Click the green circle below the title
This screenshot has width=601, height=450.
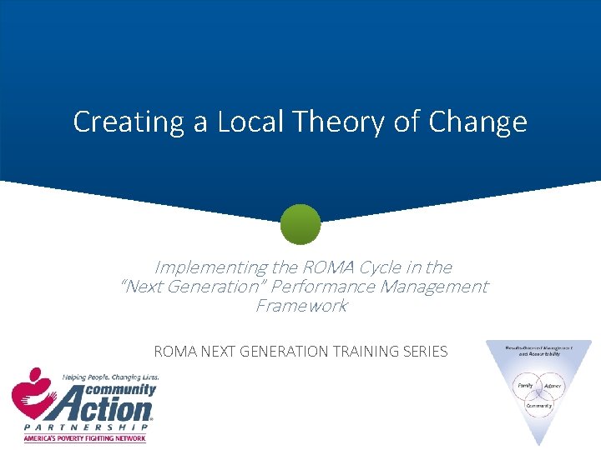click(x=300, y=224)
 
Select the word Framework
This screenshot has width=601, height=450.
click(x=300, y=306)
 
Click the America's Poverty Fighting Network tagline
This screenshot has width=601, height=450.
click(x=84, y=438)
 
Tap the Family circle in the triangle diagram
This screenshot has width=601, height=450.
click(x=525, y=386)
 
